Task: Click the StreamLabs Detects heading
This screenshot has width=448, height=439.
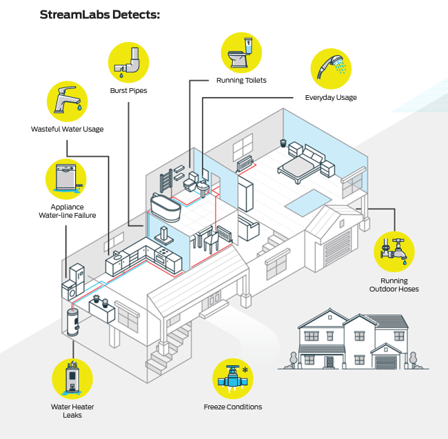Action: (x=99, y=14)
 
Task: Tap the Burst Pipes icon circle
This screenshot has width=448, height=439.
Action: (x=128, y=63)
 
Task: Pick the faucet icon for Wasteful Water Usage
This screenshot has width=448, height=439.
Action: (x=68, y=101)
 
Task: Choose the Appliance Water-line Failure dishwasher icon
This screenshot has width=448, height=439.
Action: (x=66, y=179)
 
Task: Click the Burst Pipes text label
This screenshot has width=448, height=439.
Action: (x=128, y=91)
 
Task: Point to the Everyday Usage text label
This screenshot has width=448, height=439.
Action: (x=331, y=98)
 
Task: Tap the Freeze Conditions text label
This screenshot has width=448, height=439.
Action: (x=233, y=407)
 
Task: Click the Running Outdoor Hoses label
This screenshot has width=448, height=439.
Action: (x=394, y=285)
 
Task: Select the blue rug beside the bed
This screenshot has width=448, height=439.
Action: (x=304, y=203)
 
